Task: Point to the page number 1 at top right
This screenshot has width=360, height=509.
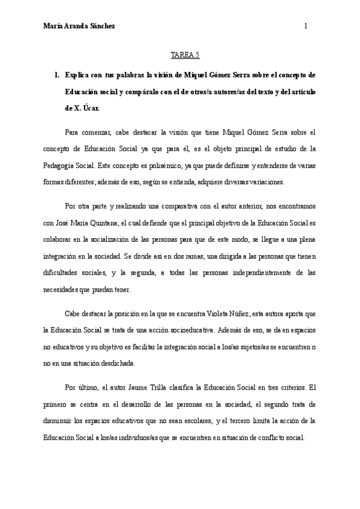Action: (306, 26)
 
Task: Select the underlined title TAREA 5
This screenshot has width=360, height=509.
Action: (180, 55)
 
